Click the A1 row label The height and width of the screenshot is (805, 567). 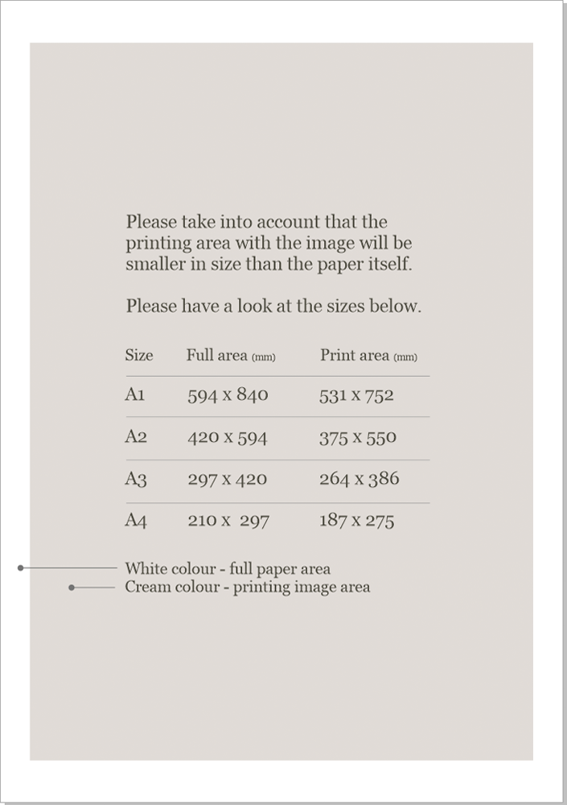click(x=134, y=394)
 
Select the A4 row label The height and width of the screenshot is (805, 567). click(x=135, y=520)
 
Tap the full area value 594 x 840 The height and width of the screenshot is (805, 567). click(x=228, y=395)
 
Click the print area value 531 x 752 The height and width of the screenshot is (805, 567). click(x=356, y=395)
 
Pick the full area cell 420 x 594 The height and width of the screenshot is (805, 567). click(x=227, y=438)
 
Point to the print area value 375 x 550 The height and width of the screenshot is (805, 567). click(x=357, y=438)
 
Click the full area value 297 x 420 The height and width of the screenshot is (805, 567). click(x=227, y=479)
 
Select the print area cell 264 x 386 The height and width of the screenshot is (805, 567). click(x=359, y=479)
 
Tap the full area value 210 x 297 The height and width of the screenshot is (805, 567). click(x=228, y=521)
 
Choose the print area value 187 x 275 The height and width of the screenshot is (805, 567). click(x=356, y=521)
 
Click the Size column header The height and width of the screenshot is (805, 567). click(x=138, y=355)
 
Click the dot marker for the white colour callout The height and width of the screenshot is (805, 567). click(x=20, y=568)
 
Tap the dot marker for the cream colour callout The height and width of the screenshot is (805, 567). click(x=72, y=588)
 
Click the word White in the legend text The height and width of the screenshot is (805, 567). click(x=146, y=568)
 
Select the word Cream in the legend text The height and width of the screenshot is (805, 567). click(x=146, y=587)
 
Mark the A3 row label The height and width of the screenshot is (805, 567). click(x=135, y=479)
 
